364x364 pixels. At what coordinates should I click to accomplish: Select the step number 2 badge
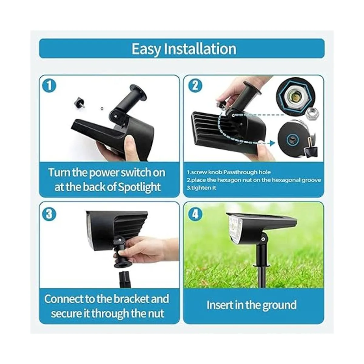(195, 86)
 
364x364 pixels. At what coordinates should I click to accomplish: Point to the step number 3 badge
(49, 214)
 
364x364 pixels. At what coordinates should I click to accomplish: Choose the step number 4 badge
(195, 214)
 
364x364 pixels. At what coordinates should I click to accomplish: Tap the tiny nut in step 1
(102, 108)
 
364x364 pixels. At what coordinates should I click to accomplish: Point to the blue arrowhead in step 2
(272, 143)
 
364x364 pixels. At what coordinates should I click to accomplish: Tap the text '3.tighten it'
(201, 188)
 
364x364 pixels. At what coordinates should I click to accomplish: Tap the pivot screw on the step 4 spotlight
(263, 240)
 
